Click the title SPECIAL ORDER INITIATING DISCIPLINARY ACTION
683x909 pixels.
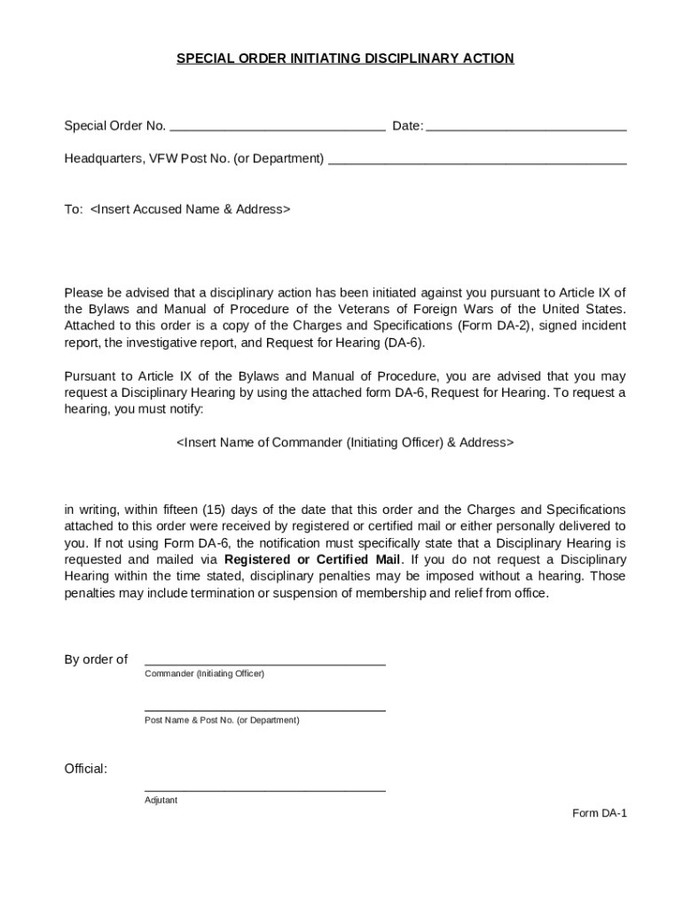coord(345,59)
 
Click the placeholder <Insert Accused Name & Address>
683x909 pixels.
coord(190,209)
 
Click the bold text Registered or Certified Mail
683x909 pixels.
coord(313,560)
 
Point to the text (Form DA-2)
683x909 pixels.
coord(486,326)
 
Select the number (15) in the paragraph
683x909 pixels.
coord(216,510)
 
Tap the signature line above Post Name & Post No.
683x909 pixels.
coord(264,709)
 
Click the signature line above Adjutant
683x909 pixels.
coord(264,788)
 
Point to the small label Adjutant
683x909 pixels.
coord(161,800)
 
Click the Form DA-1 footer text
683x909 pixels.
coord(600,813)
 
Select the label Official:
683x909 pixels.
coord(86,769)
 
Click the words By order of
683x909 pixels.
coord(96,660)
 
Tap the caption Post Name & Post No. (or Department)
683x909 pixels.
coord(222,720)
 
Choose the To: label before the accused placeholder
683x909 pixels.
coord(74,209)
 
